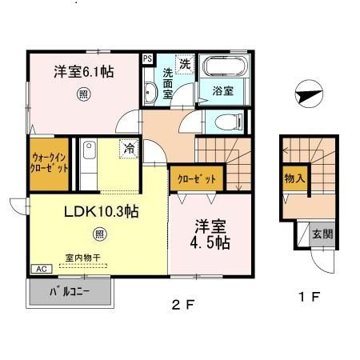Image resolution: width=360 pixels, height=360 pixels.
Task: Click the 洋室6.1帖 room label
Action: [83, 71]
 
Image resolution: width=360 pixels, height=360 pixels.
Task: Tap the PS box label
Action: [148, 58]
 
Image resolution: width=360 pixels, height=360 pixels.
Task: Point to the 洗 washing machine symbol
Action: [185, 63]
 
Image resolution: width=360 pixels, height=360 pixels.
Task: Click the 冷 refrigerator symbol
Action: [128, 147]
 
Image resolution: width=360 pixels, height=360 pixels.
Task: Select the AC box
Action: [38, 270]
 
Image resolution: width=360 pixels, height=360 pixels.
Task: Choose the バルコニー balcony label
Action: [70, 290]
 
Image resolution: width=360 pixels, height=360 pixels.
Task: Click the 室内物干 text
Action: [82, 257]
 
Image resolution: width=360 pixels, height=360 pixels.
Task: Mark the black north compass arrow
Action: [306, 95]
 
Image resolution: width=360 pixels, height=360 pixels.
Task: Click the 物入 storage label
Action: [294, 179]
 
